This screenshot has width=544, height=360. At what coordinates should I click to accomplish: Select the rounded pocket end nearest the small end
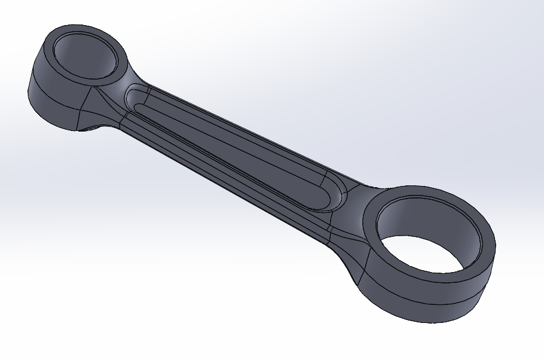(x=135, y=99)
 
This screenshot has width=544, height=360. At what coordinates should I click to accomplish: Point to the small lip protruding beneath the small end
(x=90, y=128)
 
